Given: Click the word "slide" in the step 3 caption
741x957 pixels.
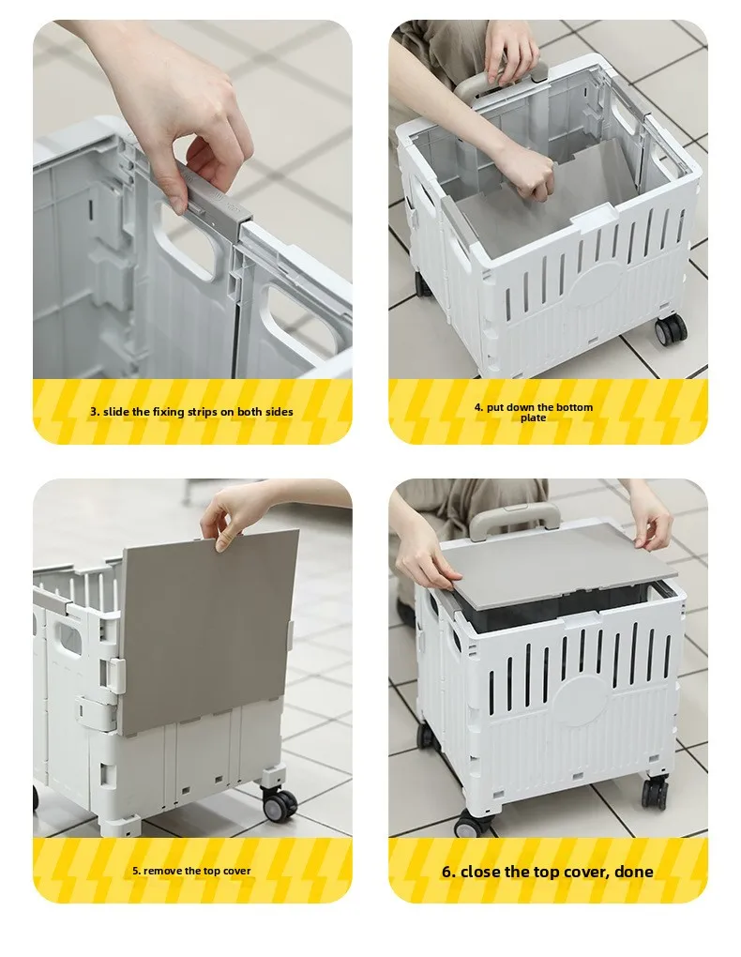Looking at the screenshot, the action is pyautogui.click(x=116, y=412).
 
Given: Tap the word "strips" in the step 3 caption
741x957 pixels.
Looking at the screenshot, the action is pyautogui.click(x=201, y=412).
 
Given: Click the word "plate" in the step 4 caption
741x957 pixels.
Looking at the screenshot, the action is pyautogui.click(x=533, y=418).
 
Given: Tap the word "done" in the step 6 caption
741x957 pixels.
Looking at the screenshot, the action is pyautogui.click(x=633, y=872).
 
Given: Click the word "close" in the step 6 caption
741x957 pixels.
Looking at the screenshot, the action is pyautogui.click(x=480, y=872).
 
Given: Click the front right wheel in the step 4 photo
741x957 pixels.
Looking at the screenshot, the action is pyautogui.click(x=671, y=331).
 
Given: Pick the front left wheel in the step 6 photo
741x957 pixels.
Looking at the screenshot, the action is pyautogui.click(x=473, y=823).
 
